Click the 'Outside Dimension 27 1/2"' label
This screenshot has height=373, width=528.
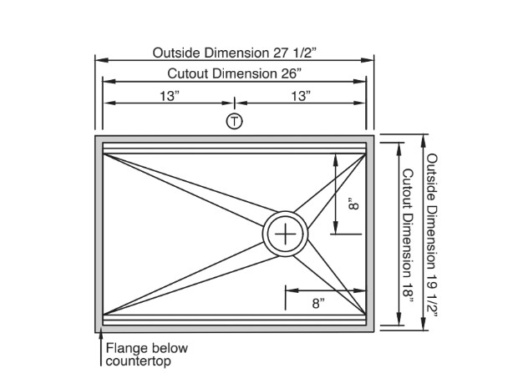[x=235, y=53]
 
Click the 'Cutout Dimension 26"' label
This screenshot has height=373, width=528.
[x=235, y=73]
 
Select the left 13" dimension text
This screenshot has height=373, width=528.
[x=170, y=96]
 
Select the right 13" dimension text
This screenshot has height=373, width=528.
[x=300, y=96]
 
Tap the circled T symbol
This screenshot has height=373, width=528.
[x=235, y=121]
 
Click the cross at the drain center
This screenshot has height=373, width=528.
[x=286, y=234]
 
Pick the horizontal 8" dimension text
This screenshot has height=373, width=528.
[x=318, y=303]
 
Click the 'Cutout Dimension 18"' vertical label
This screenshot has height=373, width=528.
[x=407, y=233]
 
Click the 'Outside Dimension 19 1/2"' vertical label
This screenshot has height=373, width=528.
[x=433, y=233]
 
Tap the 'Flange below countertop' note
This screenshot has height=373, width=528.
[x=146, y=355]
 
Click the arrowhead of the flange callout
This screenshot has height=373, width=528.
[x=99, y=336]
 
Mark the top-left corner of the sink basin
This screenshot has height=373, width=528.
[x=103, y=143]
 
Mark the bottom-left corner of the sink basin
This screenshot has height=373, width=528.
[x=103, y=324]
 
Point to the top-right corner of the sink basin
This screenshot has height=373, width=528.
[x=367, y=143]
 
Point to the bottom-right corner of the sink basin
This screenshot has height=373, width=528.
[x=367, y=324]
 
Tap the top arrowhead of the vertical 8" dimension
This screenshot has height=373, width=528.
[x=336, y=157]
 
